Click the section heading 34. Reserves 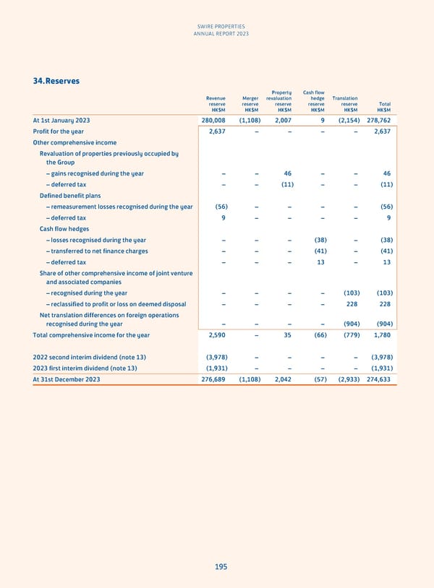click(x=56, y=81)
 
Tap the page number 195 click(x=221, y=567)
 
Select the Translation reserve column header click(x=344, y=103)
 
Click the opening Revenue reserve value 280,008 click(x=213, y=121)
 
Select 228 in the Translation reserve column click(x=352, y=303)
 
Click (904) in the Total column click(x=384, y=324)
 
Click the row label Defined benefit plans click(x=69, y=196)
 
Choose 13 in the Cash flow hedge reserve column click(x=320, y=262)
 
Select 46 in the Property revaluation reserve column click(x=287, y=173)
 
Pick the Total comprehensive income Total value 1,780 click(x=383, y=335)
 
